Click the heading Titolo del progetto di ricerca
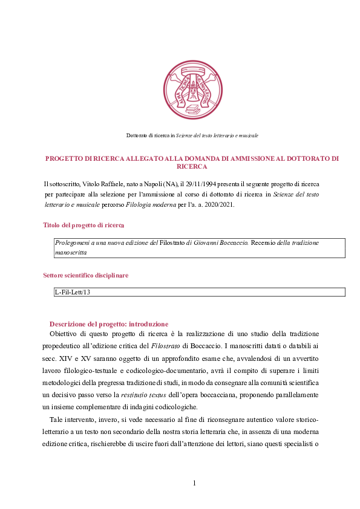point(83,225)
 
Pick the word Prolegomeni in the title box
point(73,242)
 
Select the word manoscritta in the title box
point(71,253)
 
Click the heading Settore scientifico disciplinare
point(85,276)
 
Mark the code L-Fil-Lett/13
point(73,292)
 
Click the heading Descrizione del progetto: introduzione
point(109,324)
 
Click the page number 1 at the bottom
point(194,482)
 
